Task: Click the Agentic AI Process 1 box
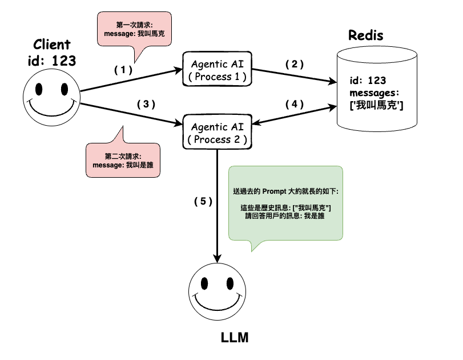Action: [217, 69]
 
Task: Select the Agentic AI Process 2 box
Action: [217, 132]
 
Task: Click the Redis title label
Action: [366, 35]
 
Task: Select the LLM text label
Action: [235, 337]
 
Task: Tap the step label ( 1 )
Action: [123, 70]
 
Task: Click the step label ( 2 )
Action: [295, 64]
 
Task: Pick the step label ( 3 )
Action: [146, 104]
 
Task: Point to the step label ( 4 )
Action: [295, 105]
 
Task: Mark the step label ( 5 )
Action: [203, 201]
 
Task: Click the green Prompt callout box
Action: [285, 203]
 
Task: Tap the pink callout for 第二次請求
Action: [123, 160]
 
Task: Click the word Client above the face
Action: [52, 45]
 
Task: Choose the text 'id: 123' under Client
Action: [52, 61]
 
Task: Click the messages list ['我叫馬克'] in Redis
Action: [377, 106]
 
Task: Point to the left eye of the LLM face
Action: [206, 282]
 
